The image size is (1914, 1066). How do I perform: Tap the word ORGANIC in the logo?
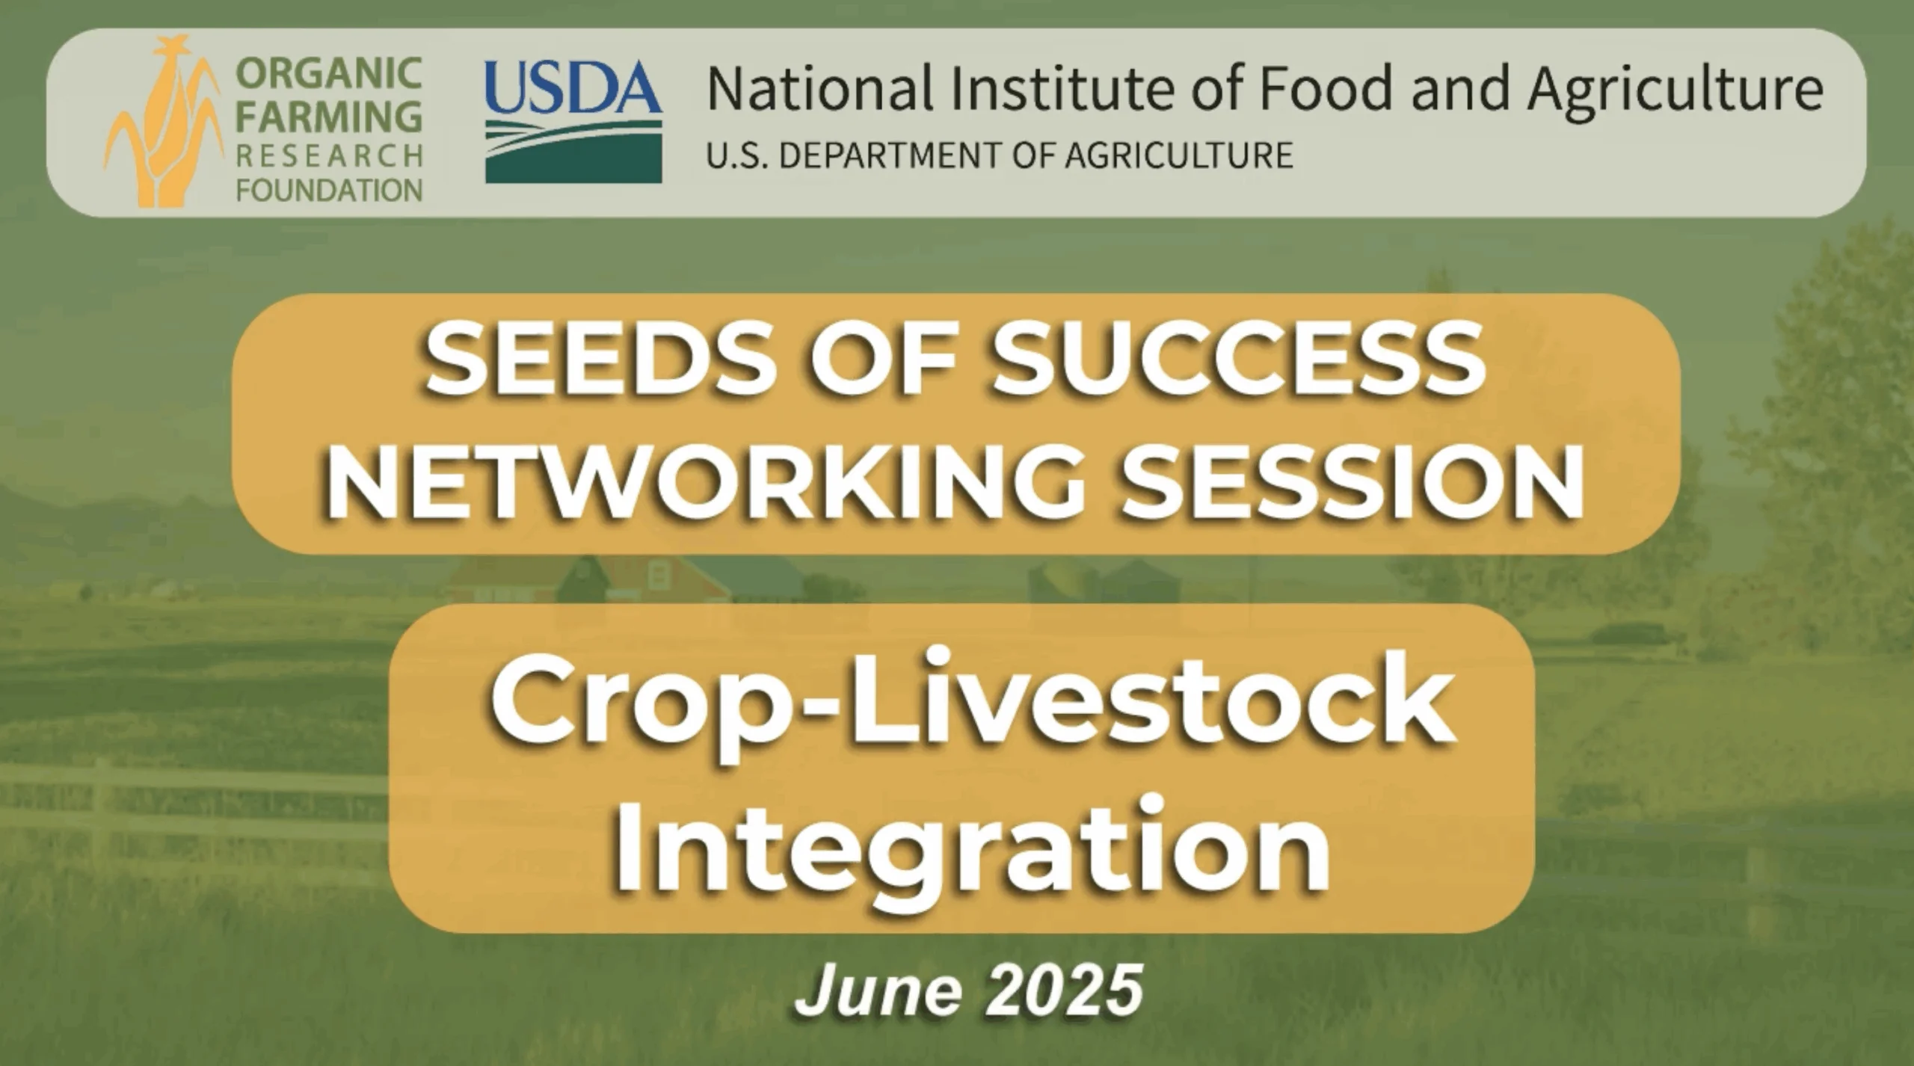(x=329, y=74)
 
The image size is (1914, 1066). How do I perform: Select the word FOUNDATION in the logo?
(x=329, y=191)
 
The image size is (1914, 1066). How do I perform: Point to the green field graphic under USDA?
(x=573, y=153)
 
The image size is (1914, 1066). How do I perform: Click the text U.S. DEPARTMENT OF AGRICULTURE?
(x=999, y=155)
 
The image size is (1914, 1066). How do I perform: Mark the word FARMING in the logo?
(x=329, y=116)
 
